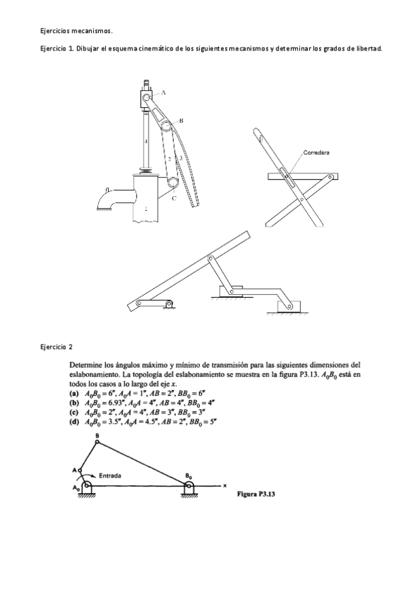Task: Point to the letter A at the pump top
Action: click(163, 92)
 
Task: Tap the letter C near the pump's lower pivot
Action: click(173, 198)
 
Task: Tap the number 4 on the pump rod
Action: click(145, 141)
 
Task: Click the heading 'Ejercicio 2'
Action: click(55, 346)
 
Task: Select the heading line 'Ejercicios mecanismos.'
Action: click(75, 31)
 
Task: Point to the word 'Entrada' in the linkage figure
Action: click(111, 475)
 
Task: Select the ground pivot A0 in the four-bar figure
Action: click(86, 485)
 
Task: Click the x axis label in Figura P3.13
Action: click(225, 484)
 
